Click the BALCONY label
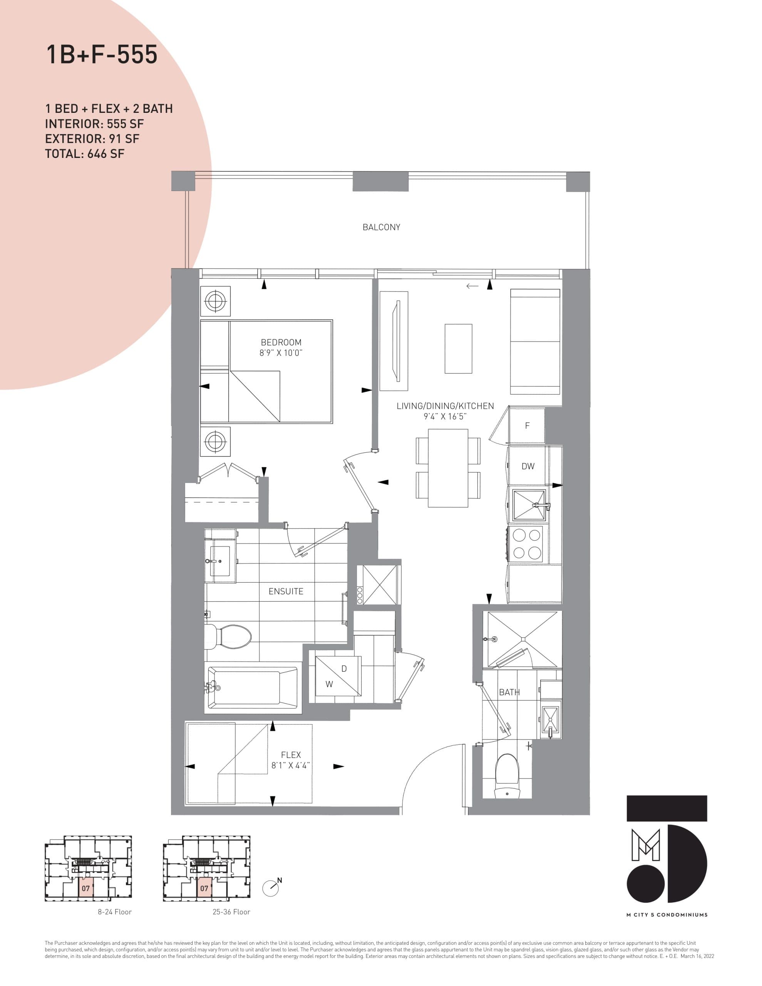click(x=381, y=227)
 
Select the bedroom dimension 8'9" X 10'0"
click(x=280, y=353)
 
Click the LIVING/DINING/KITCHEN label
click(x=445, y=406)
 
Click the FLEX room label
click(x=291, y=755)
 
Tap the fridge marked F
click(x=527, y=426)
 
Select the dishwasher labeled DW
click(x=528, y=466)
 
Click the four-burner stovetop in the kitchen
click(x=527, y=544)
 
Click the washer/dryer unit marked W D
click(x=338, y=676)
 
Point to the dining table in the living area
click(x=448, y=468)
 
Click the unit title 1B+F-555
click(x=102, y=55)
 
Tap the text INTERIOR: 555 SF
click(x=94, y=124)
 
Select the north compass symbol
click(x=271, y=888)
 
